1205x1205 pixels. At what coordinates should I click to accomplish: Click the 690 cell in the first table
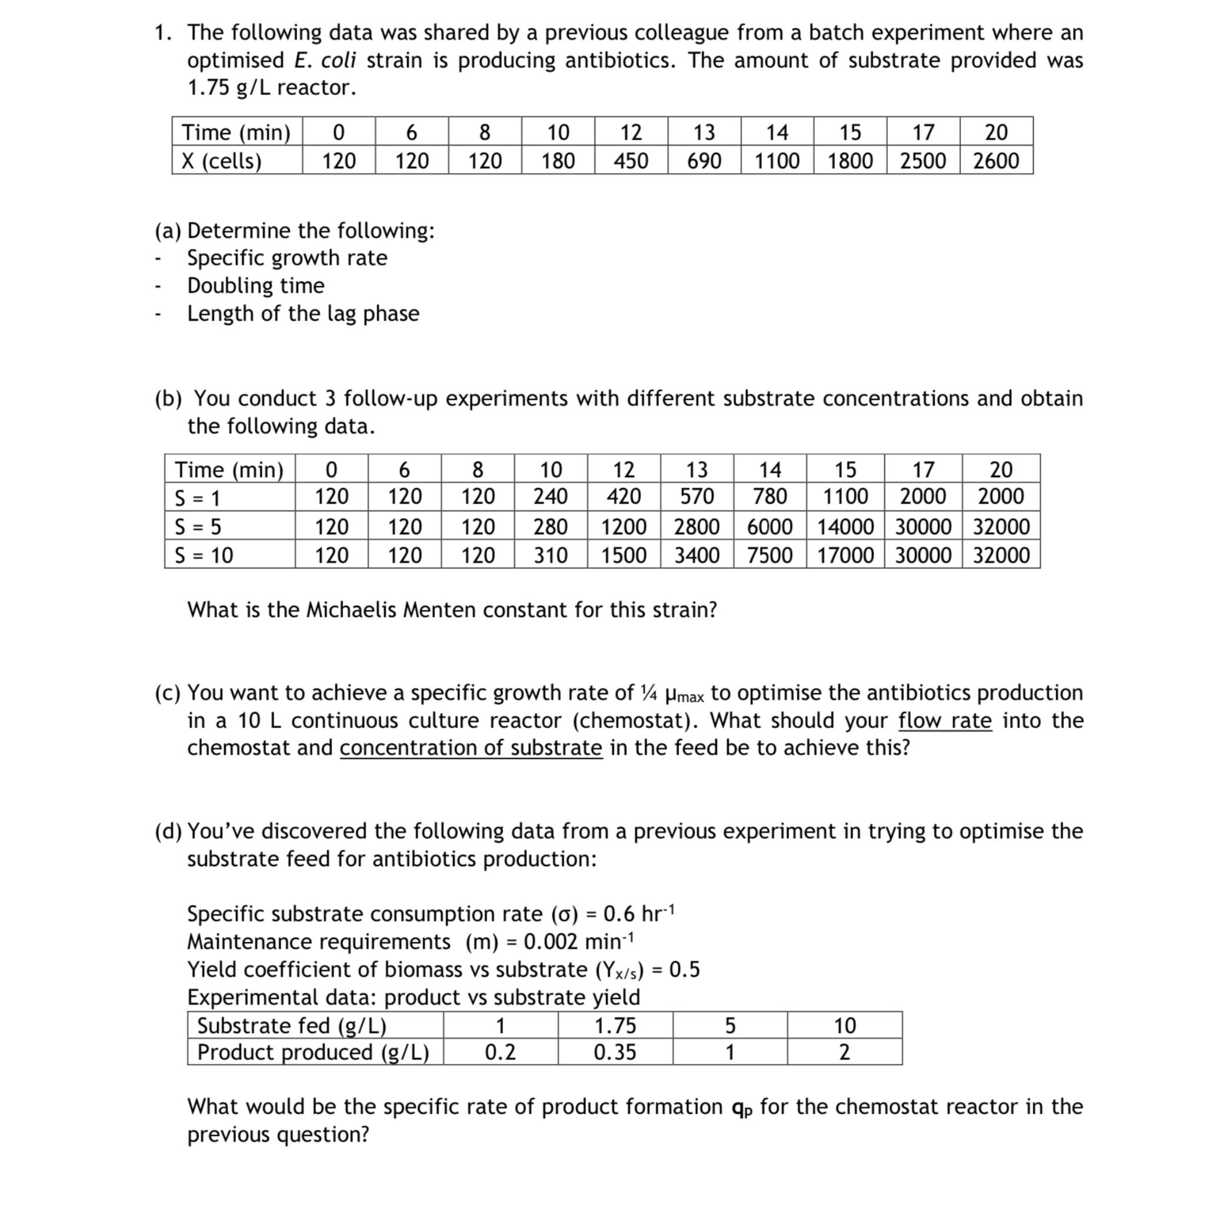tap(704, 161)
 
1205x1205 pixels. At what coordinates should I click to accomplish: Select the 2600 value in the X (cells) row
tap(996, 161)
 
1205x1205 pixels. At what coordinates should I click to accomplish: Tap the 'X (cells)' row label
tap(221, 161)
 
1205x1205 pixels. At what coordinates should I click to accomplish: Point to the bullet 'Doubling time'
tap(256, 285)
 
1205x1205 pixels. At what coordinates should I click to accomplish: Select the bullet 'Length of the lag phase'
tap(303, 313)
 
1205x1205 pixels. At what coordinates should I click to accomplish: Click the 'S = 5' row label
tap(198, 527)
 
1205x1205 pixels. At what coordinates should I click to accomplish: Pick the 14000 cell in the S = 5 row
tap(845, 527)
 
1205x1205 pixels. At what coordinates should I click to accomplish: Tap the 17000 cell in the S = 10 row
tap(845, 555)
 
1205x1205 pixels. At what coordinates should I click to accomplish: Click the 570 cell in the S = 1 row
tap(697, 497)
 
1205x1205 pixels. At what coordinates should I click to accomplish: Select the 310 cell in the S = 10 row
tap(551, 555)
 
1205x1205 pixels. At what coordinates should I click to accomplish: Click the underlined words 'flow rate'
tap(944, 720)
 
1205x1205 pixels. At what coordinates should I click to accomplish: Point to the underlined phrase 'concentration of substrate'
tap(471, 748)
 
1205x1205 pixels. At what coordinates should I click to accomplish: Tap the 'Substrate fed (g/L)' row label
tap(292, 1026)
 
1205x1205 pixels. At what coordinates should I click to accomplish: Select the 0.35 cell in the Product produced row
tap(615, 1053)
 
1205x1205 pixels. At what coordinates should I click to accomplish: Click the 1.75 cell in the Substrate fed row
tap(615, 1026)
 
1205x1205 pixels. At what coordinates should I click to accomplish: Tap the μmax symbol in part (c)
tap(684, 694)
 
